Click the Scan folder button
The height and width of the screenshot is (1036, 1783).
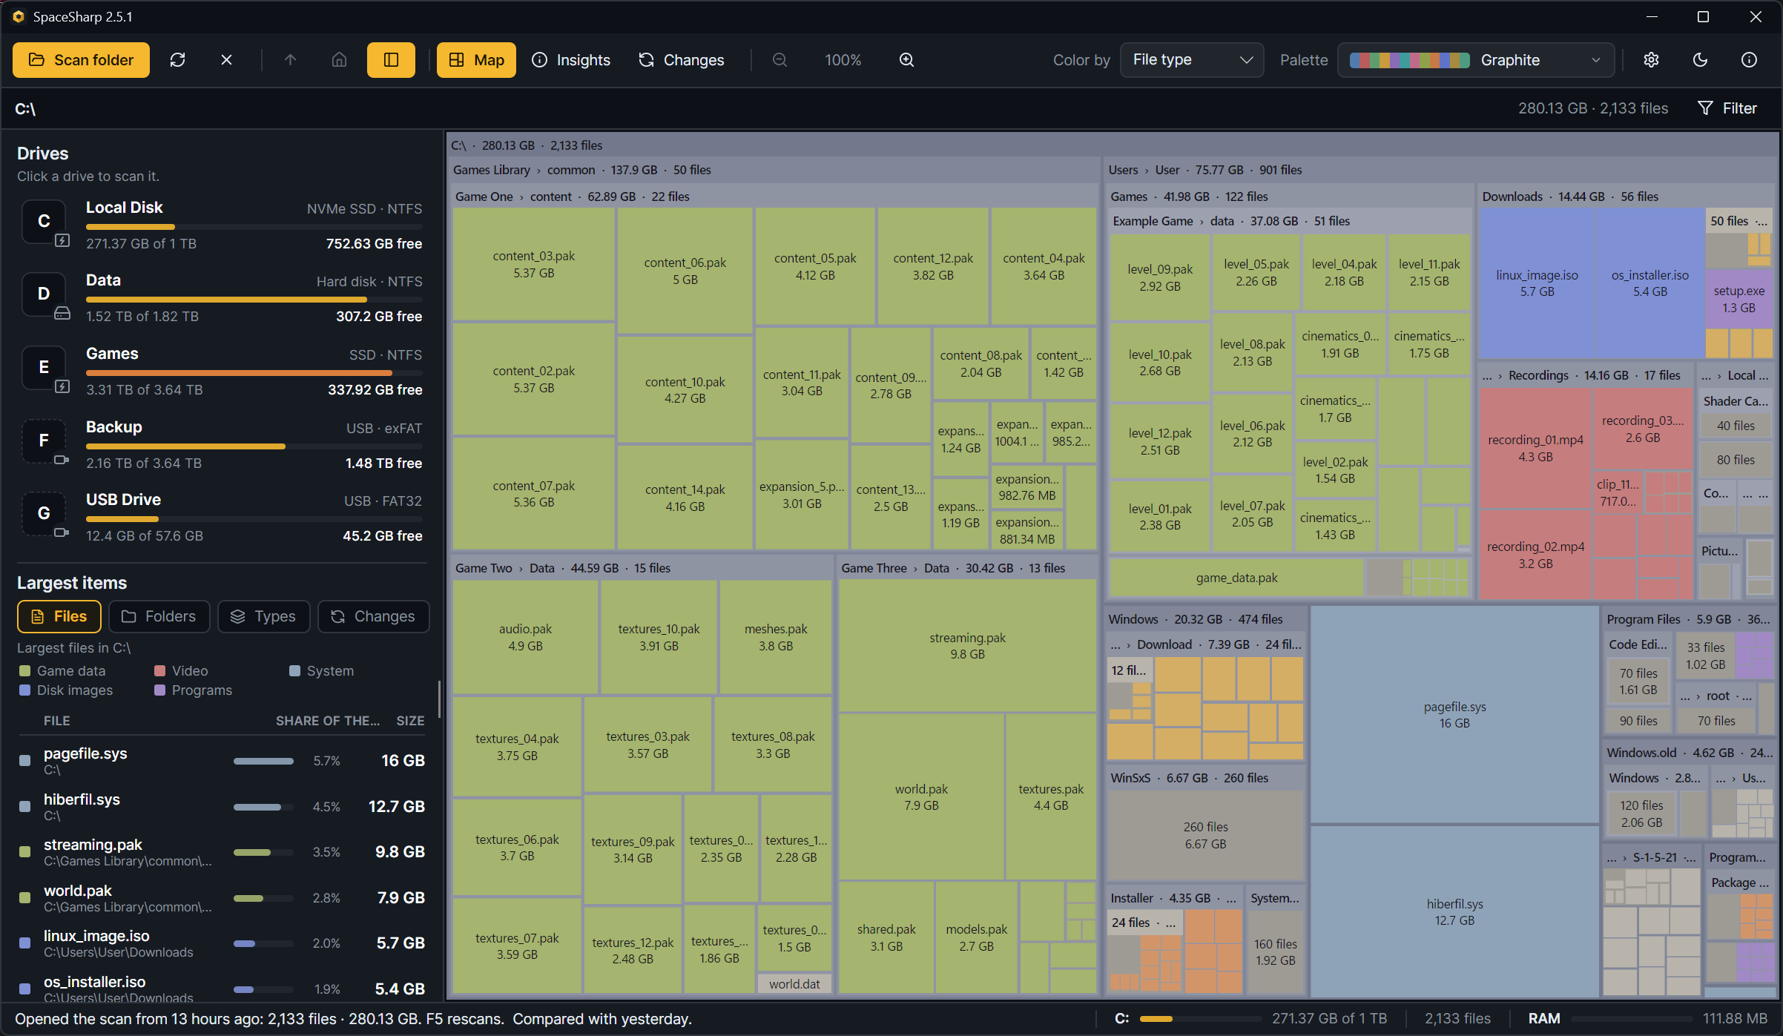pos(81,60)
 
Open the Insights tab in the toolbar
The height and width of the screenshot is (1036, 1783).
pos(571,60)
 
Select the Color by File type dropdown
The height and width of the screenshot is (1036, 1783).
pos(1191,60)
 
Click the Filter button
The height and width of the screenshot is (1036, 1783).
pos(1727,108)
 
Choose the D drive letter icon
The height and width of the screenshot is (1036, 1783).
pos(44,294)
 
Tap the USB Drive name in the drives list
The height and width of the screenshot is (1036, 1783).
pos(123,500)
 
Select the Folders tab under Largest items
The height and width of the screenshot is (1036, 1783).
pos(159,616)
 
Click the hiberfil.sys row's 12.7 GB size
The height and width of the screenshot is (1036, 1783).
pos(397,806)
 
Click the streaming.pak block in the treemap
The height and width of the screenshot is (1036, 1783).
pos(967,646)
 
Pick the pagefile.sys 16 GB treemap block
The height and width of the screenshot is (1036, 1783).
pos(1454,715)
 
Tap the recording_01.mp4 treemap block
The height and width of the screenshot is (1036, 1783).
pos(1535,448)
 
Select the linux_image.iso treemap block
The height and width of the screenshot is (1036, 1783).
pos(1537,283)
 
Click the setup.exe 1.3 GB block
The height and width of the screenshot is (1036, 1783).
pos(1738,299)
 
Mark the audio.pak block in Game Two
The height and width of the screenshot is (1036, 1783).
pos(525,637)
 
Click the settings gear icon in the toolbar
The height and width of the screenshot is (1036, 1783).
pos(1651,60)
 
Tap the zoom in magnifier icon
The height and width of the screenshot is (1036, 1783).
pos(906,60)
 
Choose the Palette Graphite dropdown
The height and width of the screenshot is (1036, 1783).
pos(1476,60)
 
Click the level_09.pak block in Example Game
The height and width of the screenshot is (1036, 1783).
pos(1160,277)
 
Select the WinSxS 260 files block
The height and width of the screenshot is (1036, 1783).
pos(1205,835)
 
